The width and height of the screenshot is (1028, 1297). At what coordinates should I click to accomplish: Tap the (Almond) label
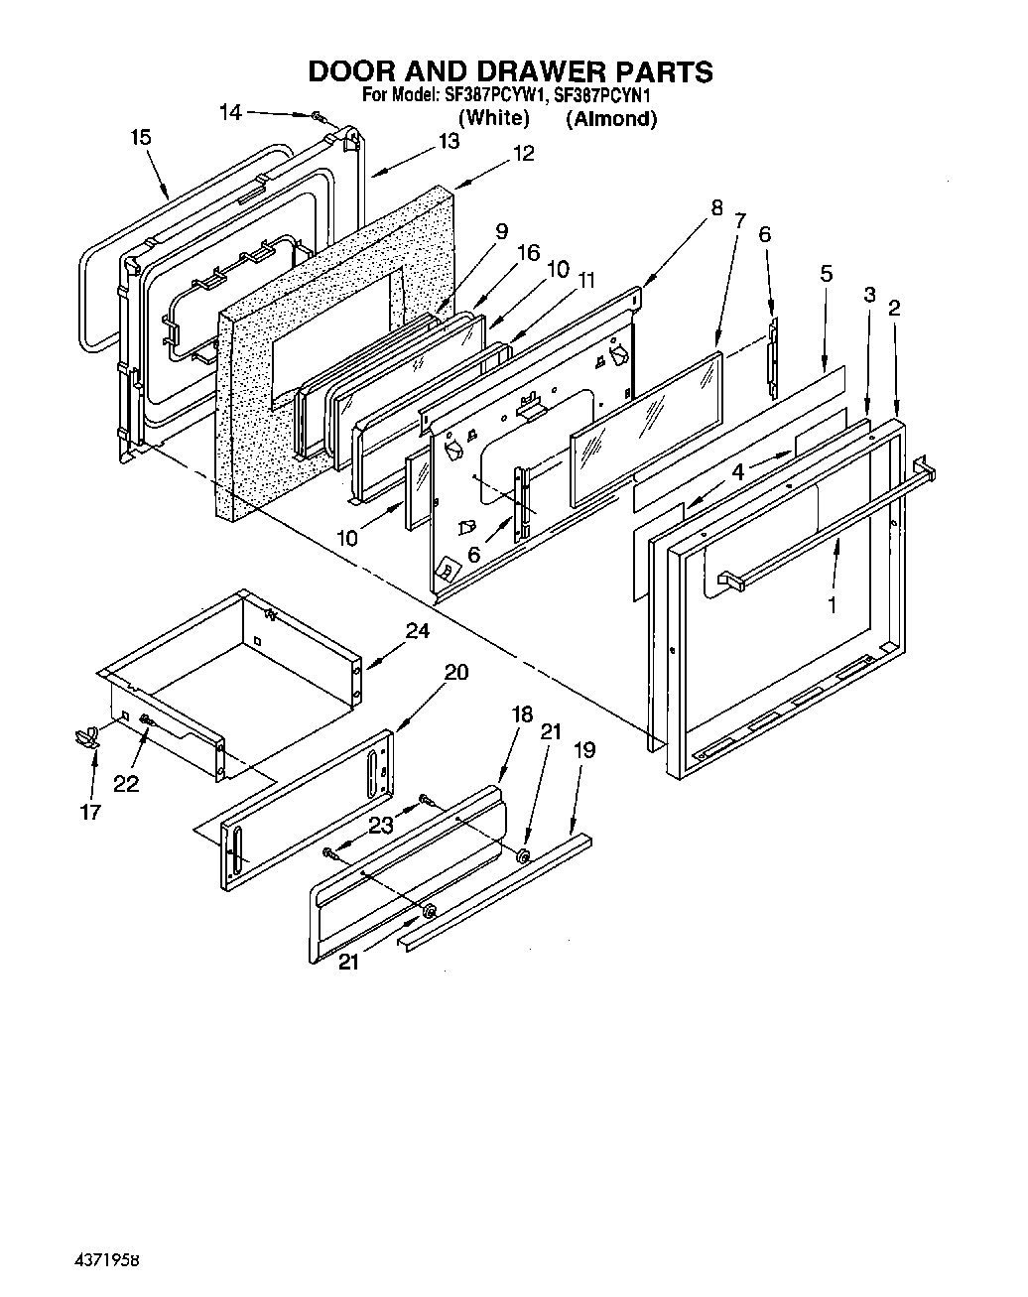(611, 119)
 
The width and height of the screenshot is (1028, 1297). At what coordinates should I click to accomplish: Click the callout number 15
(141, 137)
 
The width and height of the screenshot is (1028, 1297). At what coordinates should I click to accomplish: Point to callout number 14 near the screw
(230, 113)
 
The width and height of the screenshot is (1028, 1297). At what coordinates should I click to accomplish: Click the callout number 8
(715, 208)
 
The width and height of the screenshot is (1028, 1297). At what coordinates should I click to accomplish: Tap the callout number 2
(894, 309)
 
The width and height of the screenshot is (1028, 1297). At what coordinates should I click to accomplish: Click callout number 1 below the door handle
(832, 603)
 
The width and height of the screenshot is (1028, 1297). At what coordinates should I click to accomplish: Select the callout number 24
(418, 631)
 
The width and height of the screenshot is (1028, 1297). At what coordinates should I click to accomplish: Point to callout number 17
(90, 813)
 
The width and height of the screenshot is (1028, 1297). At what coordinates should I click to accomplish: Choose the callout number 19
(584, 750)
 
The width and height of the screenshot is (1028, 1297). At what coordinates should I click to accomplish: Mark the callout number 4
(737, 473)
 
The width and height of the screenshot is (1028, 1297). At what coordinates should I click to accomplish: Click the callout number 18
(522, 714)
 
